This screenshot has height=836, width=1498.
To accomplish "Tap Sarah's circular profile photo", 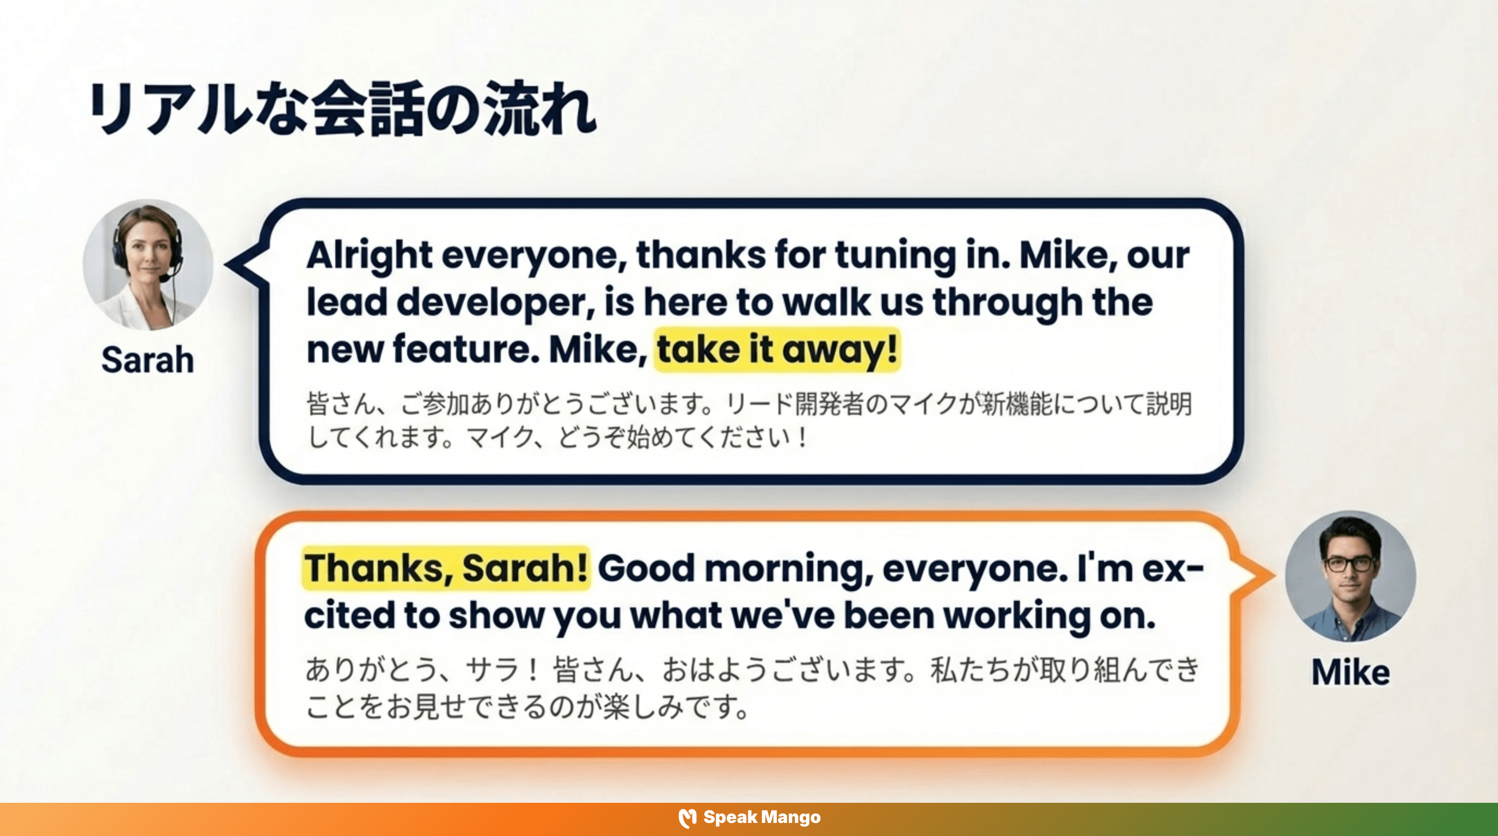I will [x=148, y=265].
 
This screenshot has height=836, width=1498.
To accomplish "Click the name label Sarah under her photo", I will [x=148, y=360].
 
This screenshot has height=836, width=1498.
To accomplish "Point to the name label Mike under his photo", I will [x=1350, y=673].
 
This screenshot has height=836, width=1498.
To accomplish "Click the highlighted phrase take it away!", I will [x=777, y=349].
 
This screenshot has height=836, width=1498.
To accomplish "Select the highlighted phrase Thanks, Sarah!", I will [x=446, y=568].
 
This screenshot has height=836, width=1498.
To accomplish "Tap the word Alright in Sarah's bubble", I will [x=369, y=255].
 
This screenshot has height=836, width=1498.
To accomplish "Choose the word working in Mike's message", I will [x=1016, y=615].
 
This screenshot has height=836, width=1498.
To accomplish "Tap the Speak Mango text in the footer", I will [x=762, y=817].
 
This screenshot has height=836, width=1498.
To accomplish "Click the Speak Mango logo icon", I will [x=687, y=818].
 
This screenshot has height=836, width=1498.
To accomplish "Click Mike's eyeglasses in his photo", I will [x=1350, y=564].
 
